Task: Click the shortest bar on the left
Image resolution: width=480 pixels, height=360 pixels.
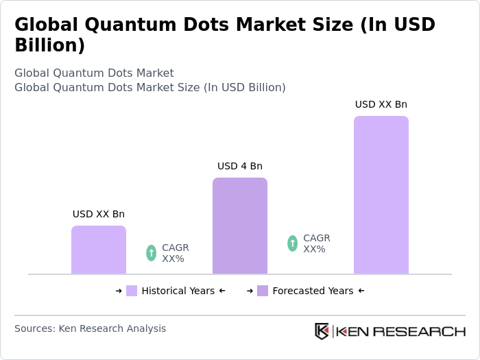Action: pos(99,250)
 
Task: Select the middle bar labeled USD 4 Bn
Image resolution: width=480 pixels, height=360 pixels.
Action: pos(240,226)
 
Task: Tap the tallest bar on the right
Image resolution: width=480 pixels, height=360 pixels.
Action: pos(381,195)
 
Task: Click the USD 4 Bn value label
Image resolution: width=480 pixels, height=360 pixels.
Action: pos(240,166)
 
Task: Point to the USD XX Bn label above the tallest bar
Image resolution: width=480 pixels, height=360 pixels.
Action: pos(381,104)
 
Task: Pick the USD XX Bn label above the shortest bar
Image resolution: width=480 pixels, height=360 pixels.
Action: pos(99,214)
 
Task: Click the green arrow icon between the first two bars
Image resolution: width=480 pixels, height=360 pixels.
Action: pos(152,253)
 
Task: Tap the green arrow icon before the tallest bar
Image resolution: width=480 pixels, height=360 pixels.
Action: pos(293,243)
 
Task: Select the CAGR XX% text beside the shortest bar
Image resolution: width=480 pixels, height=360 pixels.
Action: pos(176,253)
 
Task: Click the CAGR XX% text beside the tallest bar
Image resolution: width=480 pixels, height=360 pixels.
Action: pos(317,243)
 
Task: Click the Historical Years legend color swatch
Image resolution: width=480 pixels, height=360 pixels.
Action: pos(132,291)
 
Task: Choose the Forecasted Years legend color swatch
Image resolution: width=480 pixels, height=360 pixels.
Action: pos(263,291)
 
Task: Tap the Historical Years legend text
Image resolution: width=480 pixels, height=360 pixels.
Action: pos(178,291)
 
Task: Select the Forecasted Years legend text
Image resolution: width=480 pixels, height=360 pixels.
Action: pos(313,291)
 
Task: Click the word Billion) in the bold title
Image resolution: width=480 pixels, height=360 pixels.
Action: pos(50,45)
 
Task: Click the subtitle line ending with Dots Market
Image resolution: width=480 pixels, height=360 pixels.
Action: pos(94,73)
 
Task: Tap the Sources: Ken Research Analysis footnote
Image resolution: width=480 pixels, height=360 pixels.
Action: pos(90,328)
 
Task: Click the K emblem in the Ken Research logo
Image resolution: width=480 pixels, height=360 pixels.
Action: pos(322,331)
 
